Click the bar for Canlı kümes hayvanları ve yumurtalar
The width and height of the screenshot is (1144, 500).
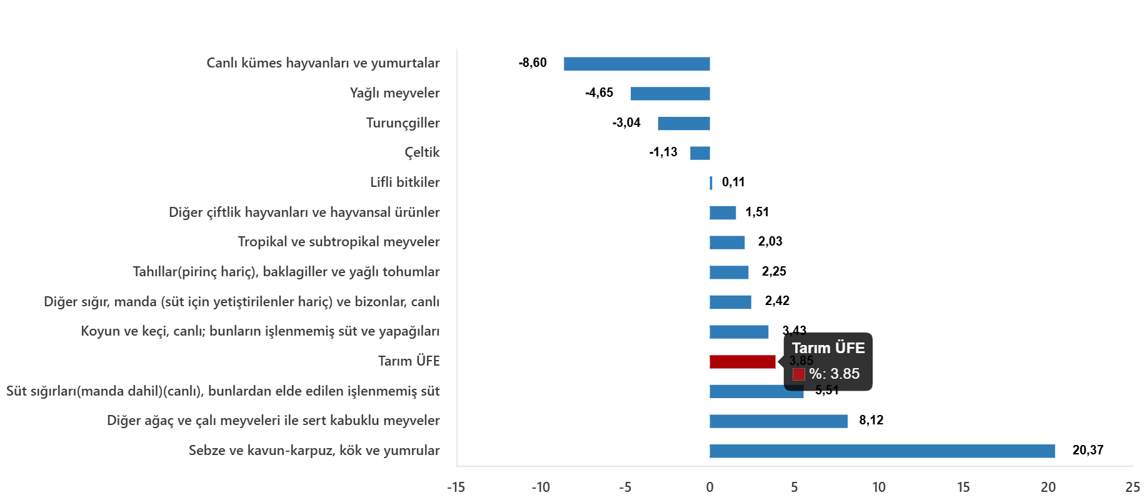[636, 64]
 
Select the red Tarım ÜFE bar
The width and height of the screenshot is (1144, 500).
[743, 361]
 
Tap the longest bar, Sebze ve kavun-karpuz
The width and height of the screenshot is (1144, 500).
[882, 451]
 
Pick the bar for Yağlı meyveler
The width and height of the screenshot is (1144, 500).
[670, 94]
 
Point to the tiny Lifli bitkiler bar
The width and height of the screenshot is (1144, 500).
[711, 183]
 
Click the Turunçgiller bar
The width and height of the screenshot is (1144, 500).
[684, 123]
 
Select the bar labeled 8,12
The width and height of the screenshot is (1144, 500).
[778, 421]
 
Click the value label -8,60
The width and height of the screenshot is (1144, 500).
[533, 62]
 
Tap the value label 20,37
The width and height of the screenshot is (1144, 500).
[1088, 450]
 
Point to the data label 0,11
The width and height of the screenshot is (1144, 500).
[733, 182]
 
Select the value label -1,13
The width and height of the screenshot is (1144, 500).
[663, 152]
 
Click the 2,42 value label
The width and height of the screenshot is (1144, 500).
[777, 301]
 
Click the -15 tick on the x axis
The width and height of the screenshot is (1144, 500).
[456, 487]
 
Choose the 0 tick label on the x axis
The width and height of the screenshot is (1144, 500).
[710, 487]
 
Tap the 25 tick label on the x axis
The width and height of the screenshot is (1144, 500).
[1133, 487]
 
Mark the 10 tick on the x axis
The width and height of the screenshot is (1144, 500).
[879, 487]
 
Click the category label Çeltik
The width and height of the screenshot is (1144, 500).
[422, 152]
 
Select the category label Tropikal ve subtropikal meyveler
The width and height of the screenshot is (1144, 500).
[339, 242]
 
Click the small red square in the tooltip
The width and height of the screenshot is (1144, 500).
[798, 374]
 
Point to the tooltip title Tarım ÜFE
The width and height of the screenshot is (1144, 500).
[828, 348]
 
